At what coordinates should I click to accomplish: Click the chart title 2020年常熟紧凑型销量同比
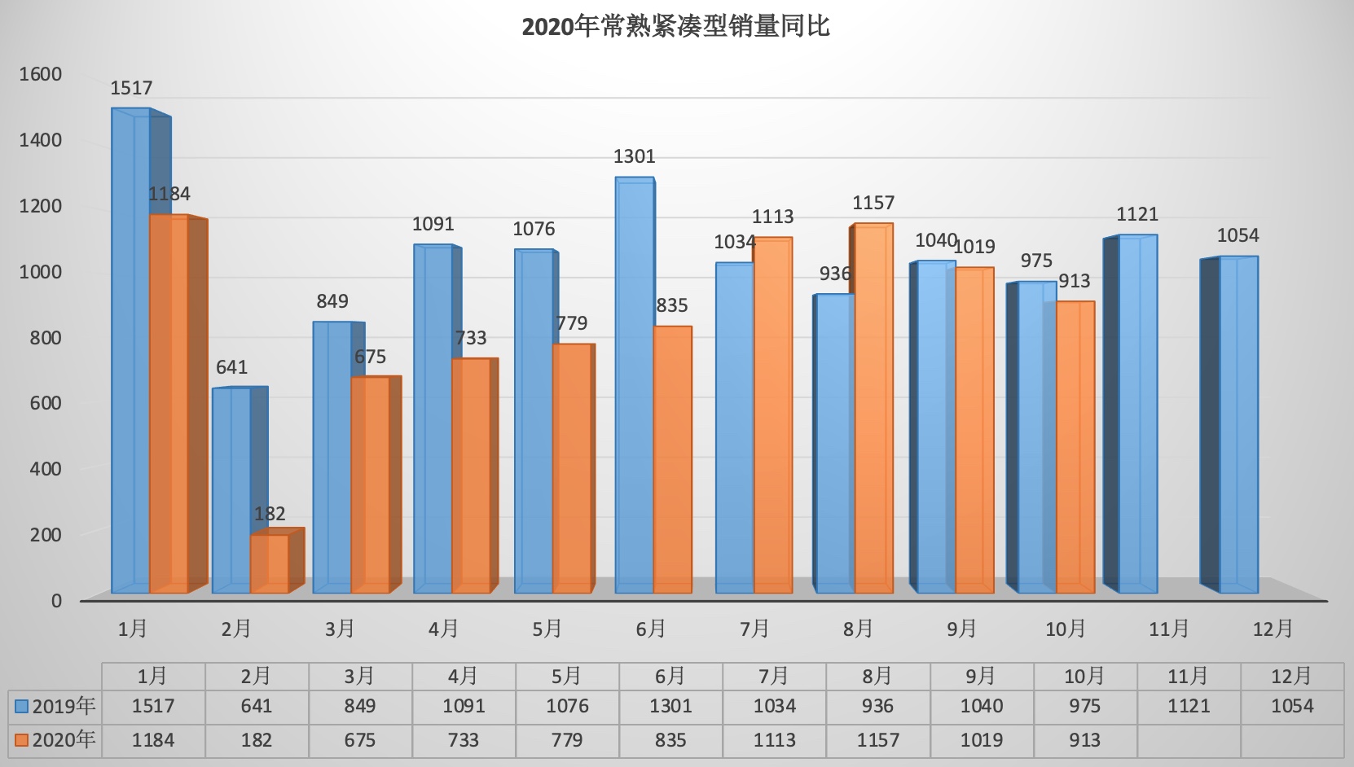(x=675, y=27)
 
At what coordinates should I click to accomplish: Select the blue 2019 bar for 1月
(x=130, y=350)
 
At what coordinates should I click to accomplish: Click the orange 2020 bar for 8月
(x=873, y=407)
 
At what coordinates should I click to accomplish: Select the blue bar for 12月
(x=1238, y=423)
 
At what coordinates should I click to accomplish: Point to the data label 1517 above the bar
(x=131, y=88)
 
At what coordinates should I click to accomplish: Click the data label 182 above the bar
(x=270, y=514)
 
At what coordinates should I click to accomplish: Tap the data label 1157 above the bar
(x=873, y=203)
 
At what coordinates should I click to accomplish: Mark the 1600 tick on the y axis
(x=41, y=74)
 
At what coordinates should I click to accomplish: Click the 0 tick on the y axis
(x=56, y=601)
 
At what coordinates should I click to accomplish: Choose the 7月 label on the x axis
(x=754, y=629)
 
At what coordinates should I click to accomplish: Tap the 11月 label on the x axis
(x=1169, y=629)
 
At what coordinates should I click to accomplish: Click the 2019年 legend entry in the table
(x=55, y=706)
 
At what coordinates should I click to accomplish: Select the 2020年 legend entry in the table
(x=55, y=740)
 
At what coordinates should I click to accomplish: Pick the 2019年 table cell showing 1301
(x=670, y=706)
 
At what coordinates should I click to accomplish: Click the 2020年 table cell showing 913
(x=1084, y=740)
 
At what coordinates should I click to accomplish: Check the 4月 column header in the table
(x=463, y=676)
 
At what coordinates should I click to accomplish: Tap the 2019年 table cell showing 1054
(x=1292, y=706)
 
